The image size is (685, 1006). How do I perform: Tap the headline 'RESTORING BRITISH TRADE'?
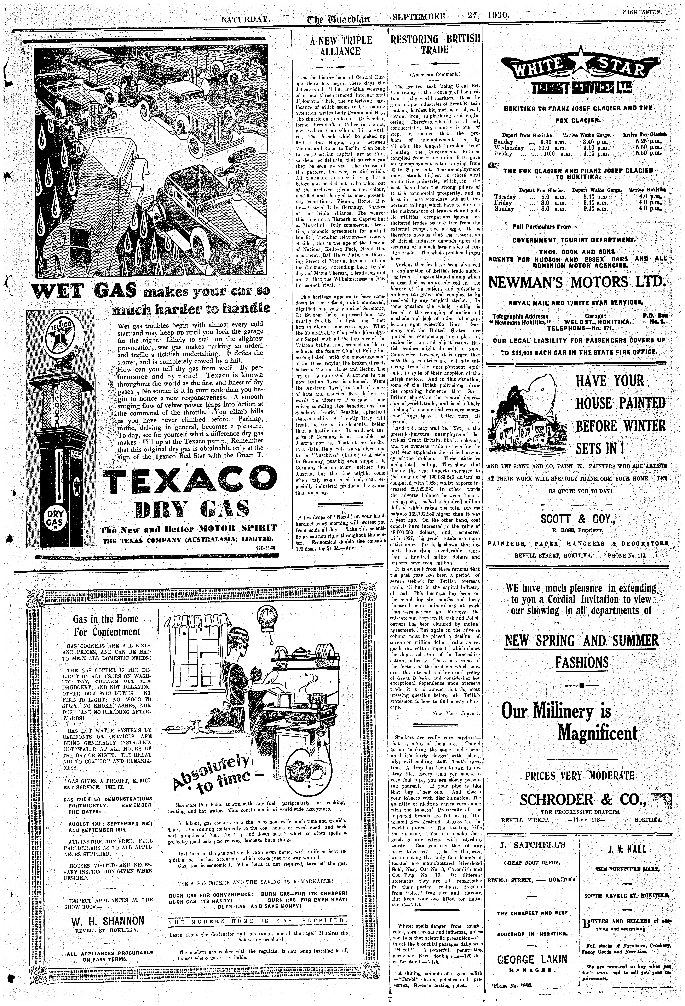(435, 44)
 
